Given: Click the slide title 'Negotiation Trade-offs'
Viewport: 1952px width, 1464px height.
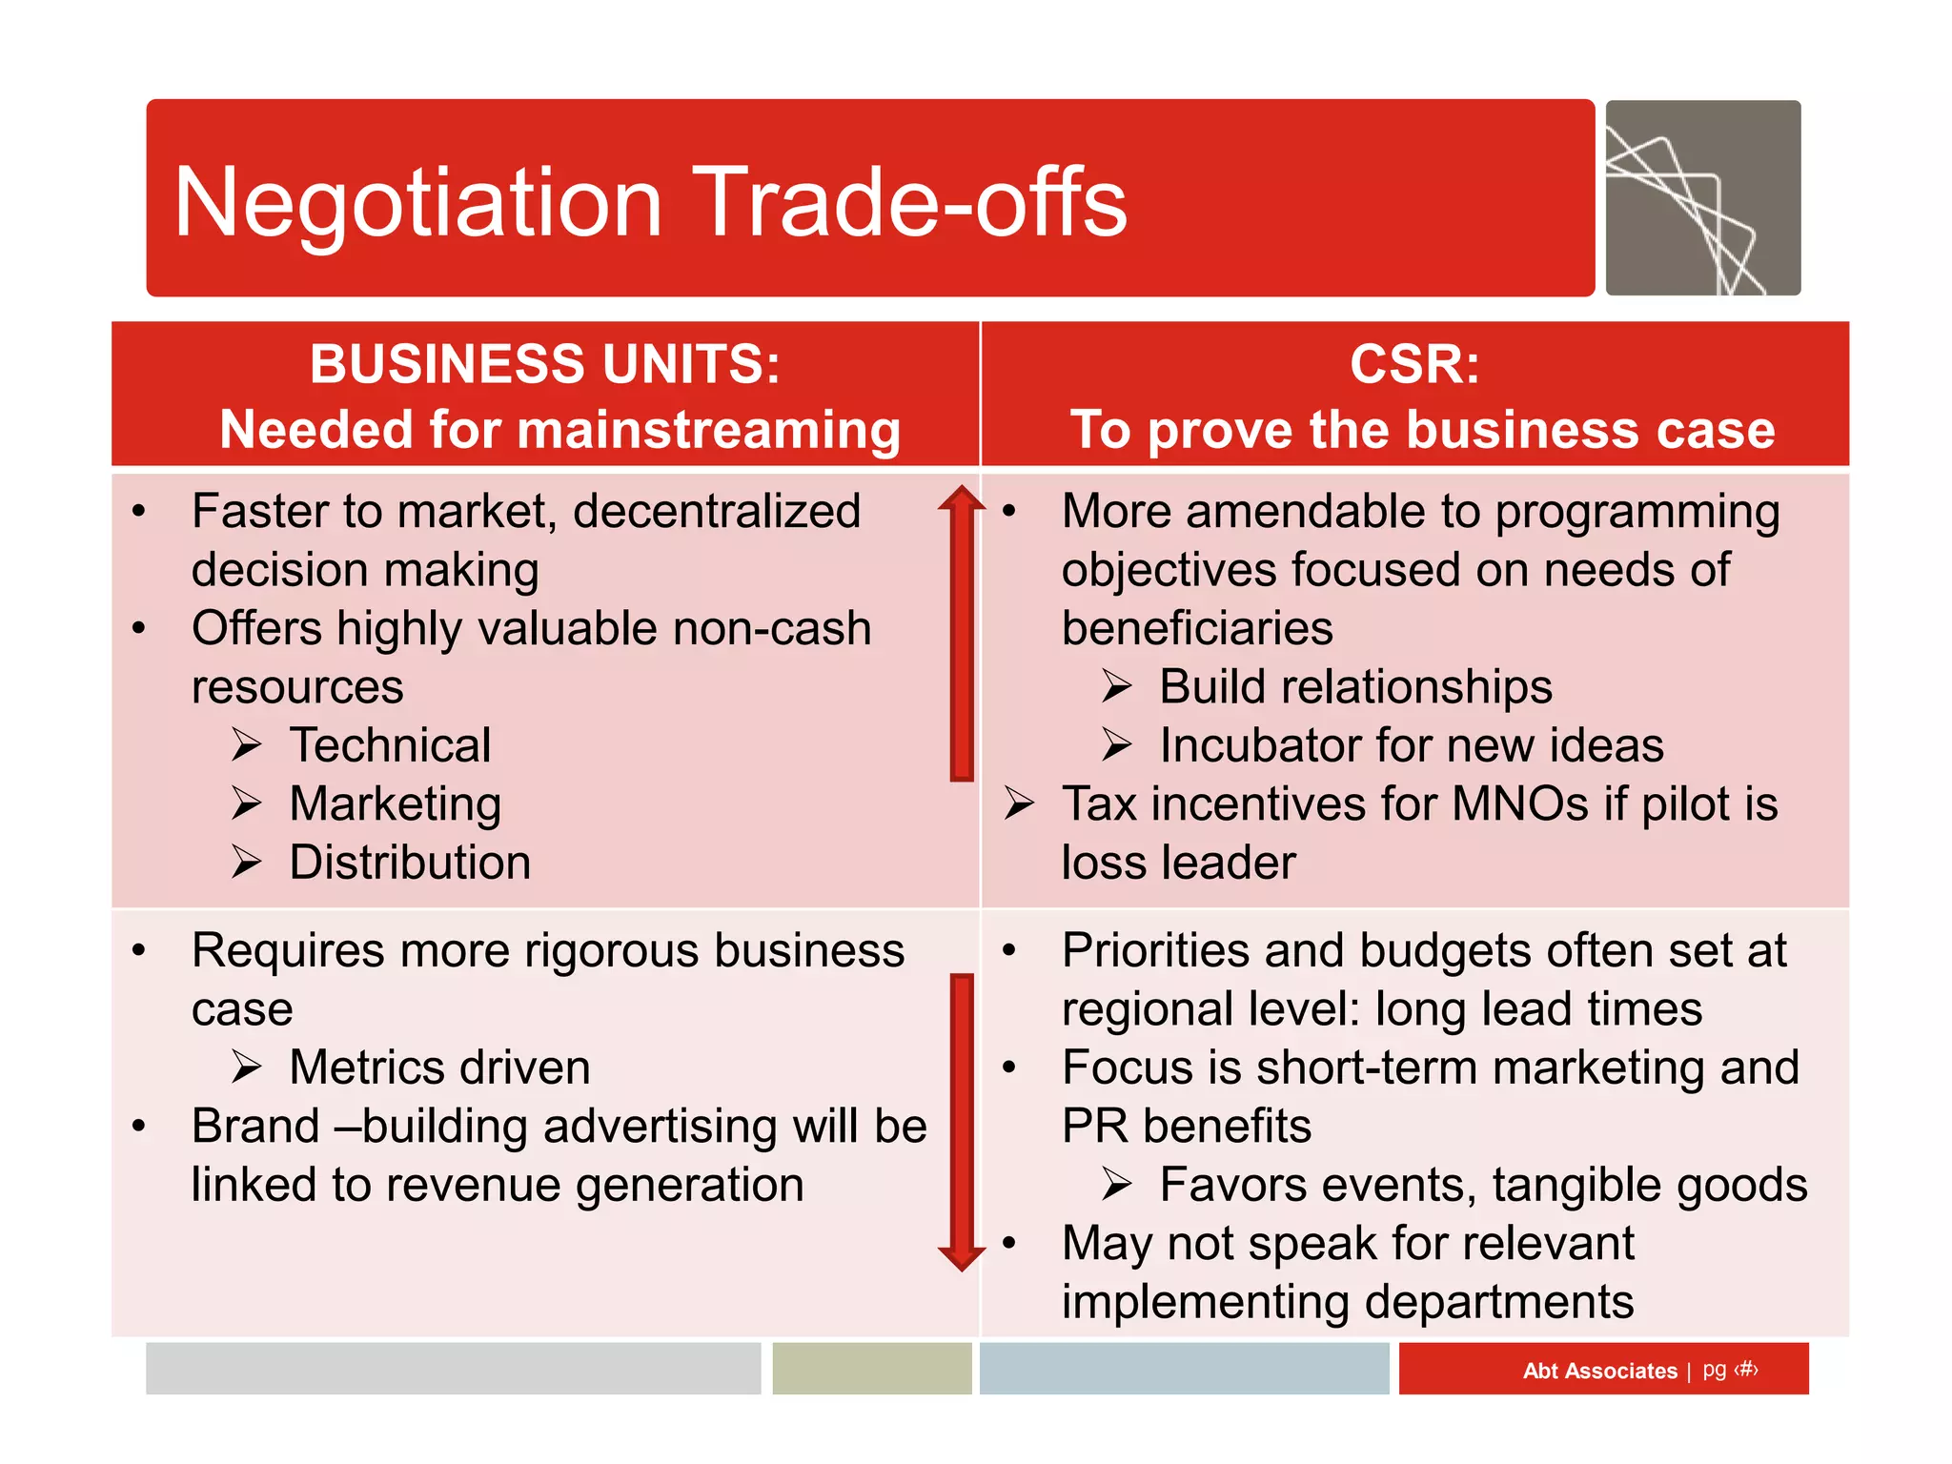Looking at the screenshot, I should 650,202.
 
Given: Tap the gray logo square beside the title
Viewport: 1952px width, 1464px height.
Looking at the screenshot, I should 1702,198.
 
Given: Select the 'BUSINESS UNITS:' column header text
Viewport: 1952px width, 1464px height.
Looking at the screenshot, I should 545,364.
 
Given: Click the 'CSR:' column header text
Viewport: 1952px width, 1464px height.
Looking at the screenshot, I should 1414,364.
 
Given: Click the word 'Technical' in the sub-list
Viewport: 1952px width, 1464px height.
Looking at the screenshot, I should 391,745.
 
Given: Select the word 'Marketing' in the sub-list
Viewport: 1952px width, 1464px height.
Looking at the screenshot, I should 396,804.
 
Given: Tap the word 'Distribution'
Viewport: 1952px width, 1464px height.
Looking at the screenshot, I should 410,863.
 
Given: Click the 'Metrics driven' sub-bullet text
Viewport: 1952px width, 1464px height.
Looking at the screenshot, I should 439,1067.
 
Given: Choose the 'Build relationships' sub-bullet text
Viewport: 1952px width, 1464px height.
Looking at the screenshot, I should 1355,687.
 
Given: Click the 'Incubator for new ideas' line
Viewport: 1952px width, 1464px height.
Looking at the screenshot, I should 1411,745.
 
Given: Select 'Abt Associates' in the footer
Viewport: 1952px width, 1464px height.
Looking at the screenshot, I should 1599,1371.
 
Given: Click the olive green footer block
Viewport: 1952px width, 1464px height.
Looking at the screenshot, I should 871,1369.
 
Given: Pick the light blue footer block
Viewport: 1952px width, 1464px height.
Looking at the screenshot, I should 1184,1369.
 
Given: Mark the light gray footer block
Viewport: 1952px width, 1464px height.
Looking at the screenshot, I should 453,1369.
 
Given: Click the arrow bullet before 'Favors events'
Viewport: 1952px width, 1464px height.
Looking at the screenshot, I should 1116,1185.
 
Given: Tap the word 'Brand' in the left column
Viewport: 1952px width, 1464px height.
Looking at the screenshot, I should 255,1127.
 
